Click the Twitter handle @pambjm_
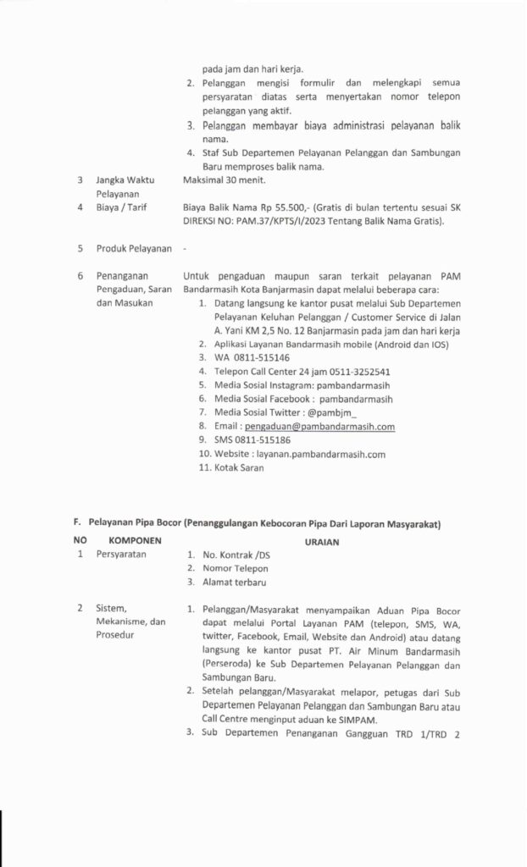(310, 412)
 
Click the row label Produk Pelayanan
(134, 248)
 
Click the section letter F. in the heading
(78, 525)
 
